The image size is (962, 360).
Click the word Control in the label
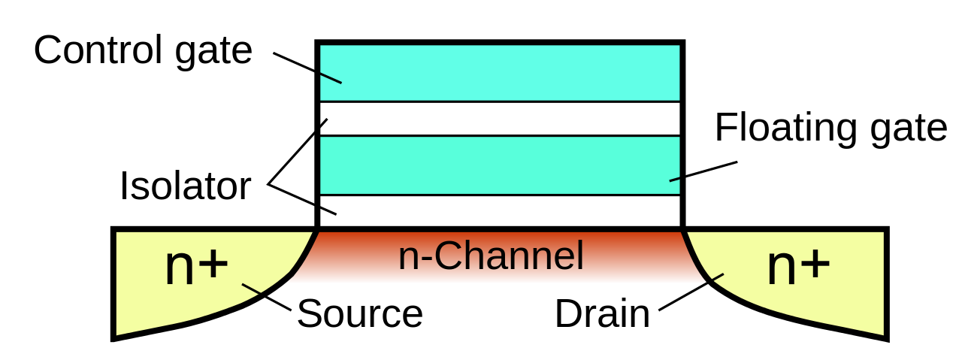coord(98,50)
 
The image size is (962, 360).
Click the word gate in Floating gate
coord(909,131)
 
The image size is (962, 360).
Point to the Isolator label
coord(186,186)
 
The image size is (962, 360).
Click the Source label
coord(360,313)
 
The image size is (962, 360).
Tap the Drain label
coord(602,313)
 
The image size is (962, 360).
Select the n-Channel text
coord(491,256)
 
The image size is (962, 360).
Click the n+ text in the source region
coord(196,266)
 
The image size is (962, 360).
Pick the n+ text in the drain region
coord(798,266)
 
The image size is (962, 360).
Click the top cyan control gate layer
coord(500,72)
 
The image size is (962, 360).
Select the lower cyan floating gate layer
coord(500,165)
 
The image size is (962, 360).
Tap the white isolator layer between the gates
coord(500,119)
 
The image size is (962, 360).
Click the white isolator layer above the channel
coord(500,211)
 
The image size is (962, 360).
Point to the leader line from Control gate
coord(307,68)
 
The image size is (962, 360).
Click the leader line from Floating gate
coord(703,171)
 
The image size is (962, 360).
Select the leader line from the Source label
coord(267,297)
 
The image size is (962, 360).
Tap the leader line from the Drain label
coord(691,292)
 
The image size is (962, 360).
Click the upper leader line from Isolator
coord(298,152)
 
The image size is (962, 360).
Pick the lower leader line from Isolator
coord(302,200)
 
